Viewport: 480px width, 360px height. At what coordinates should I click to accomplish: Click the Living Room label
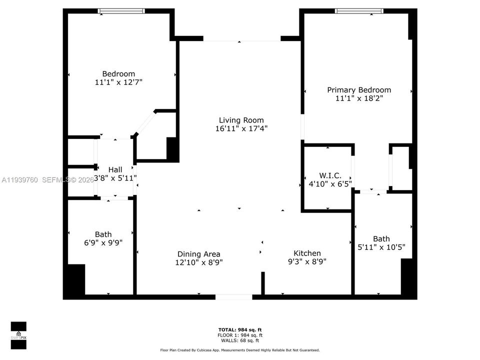point(241,120)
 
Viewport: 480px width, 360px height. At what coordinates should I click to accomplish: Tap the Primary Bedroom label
point(359,90)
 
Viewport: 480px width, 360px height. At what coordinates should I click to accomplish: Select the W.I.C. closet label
point(330,175)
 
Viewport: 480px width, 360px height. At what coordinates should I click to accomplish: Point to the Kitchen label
point(307,253)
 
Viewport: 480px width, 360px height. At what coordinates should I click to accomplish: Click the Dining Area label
point(198,254)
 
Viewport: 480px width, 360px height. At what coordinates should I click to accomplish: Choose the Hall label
point(115,169)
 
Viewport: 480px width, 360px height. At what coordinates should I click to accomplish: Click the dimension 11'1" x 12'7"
point(118,82)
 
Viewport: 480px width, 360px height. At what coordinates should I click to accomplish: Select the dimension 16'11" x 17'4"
point(241,128)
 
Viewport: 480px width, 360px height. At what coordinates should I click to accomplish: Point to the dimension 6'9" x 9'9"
point(103,242)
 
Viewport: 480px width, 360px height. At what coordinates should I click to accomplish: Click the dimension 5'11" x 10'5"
point(381,247)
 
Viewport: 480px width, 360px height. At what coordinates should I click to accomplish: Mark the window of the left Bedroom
point(121,11)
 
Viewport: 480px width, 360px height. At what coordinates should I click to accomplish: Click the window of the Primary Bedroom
point(359,11)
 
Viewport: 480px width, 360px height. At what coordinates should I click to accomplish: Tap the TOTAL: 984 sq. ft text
point(240,329)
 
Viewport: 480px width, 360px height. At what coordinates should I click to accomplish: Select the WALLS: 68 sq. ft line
point(240,340)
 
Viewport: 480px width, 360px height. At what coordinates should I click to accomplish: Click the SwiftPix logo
point(18,331)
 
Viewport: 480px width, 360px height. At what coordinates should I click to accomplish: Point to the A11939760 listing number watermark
point(20,179)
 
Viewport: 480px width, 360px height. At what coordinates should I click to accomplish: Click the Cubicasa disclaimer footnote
point(239,350)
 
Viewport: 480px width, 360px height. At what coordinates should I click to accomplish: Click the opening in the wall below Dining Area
point(233,297)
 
